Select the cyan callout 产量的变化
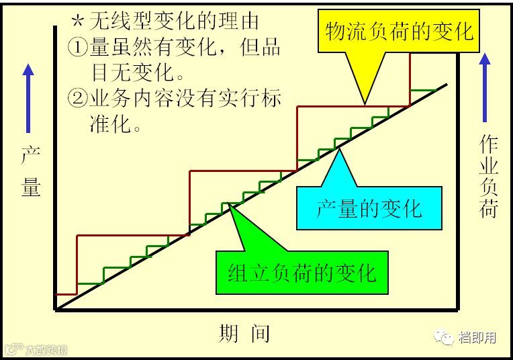[369, 208]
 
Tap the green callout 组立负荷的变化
[301, 272]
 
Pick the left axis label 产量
[31, 171]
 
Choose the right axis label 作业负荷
[488, 177]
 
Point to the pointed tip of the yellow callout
[364, 105]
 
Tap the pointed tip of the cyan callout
[339, 150]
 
